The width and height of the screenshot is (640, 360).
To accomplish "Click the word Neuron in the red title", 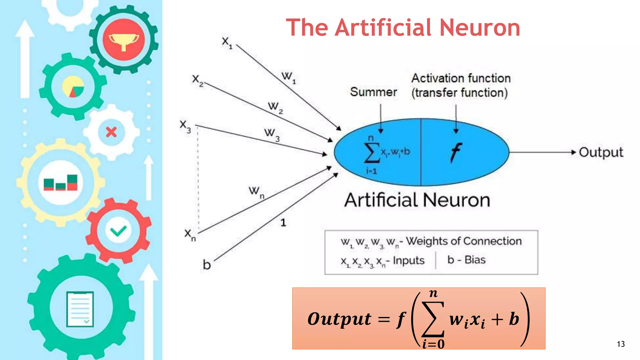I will tap(480, 27).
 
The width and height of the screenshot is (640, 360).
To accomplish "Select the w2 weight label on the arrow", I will tap(275, 107).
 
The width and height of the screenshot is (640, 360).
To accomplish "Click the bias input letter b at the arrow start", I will tap(207, 265).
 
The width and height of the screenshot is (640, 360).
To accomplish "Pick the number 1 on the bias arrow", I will tap(283, 222).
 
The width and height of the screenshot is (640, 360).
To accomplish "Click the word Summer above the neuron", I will tap(373, 92).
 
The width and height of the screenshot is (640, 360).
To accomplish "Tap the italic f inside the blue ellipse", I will tap(456, 152).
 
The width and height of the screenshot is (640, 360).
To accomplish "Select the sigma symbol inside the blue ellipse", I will tap(372, 153).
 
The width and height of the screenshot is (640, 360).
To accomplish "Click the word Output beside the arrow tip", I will tap(601, 152).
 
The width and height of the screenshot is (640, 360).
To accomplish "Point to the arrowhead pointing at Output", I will tap(573, 152).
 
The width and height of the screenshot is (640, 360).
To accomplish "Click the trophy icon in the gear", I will tap(124, 40).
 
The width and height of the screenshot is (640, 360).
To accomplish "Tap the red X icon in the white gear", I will tap(111, 132).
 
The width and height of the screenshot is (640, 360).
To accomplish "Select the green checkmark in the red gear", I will tap(118, 231).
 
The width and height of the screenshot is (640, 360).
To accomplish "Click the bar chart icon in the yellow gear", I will tap(60, 183).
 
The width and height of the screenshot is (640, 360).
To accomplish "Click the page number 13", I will tap(621, 344).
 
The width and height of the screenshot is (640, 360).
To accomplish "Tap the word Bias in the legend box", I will tap(475, 260).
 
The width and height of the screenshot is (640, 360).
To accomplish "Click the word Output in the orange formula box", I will tap(339, 319).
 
